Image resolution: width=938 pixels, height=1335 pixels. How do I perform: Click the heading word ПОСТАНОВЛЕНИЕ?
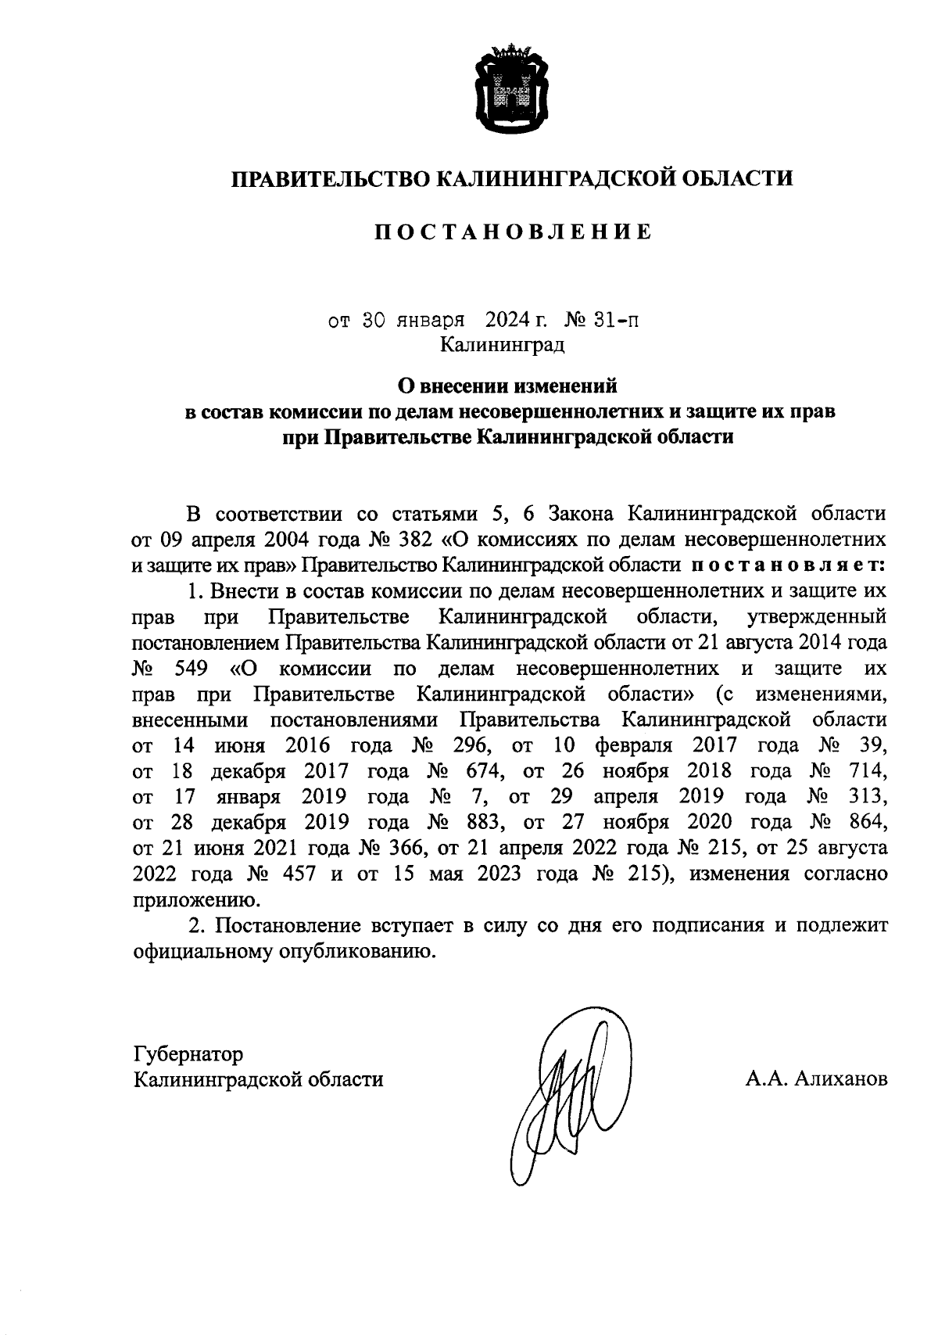pos(510,232)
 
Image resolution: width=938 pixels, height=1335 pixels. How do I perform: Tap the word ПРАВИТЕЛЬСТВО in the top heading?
pos(330,178)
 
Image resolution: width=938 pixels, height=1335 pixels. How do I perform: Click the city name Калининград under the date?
pos(501,344)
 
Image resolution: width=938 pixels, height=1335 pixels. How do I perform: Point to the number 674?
pos(485,771)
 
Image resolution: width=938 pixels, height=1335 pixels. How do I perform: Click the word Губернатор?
pos(188,1054)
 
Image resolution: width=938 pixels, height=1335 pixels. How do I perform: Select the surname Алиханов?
pos(841,1080)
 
